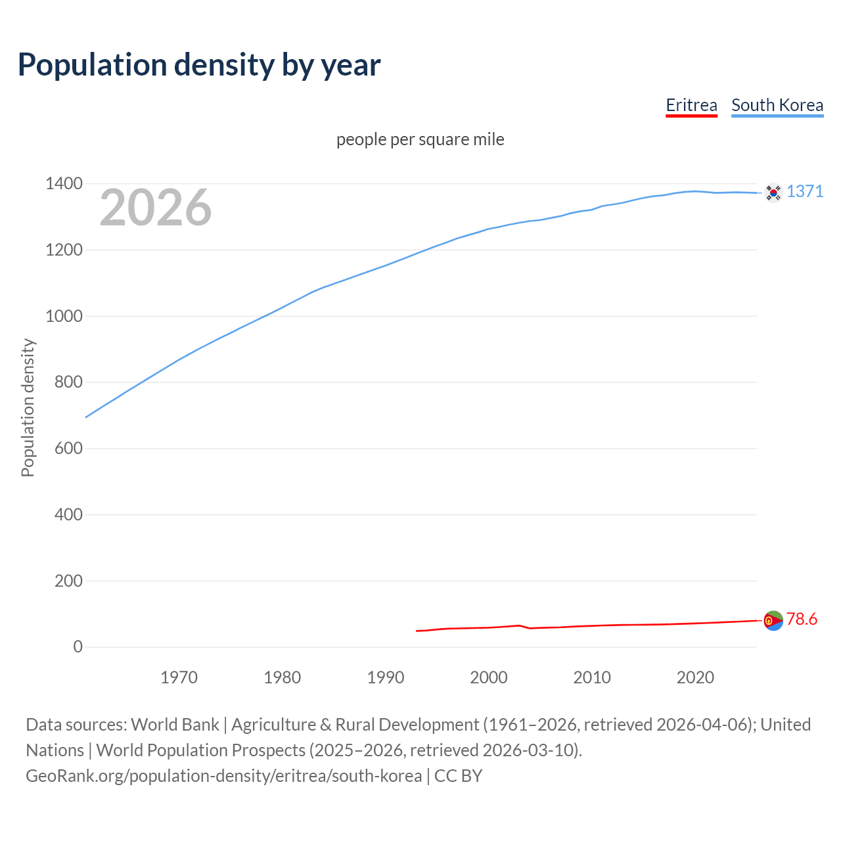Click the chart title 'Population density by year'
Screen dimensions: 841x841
click(x=199, y=64)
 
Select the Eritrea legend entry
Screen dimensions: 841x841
click(x=691, y=105)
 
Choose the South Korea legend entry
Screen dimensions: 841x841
click(x=777, y=105)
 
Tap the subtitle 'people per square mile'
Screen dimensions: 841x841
click(x=420, y=139)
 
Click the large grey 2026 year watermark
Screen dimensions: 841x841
click(x=156, y=208)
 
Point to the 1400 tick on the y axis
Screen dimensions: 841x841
click(x=64, y=183)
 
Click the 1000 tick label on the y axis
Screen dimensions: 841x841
click(x=64, y=316)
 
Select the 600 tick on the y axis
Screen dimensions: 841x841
click(x=68, y=449)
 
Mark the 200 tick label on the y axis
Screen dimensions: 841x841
click(x=68, y=581)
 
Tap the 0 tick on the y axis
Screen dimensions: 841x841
click(x=78, y=647)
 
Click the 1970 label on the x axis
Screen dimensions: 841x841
click(x=179, y=677)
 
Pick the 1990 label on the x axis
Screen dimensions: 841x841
click(x=386, y=677)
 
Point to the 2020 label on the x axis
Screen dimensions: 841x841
click(x=695, y=677)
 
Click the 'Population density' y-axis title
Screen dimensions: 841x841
click(x=28, y=407)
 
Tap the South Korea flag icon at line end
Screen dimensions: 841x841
click(x=773, y=193)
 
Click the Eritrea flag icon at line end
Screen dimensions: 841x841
click(x=773, y=620)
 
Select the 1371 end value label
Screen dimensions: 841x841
click(x=805, y=191)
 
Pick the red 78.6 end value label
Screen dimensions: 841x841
click(x=802, y=619)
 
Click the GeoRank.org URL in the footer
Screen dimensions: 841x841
click(x=223, y=776)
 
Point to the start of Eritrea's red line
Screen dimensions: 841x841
click(x=417, y=631)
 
